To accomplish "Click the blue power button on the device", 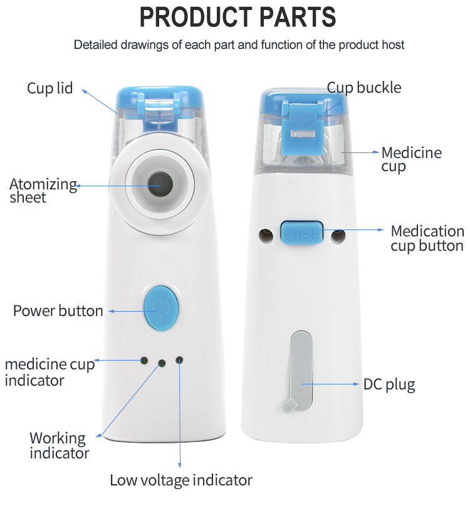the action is click(161, 308).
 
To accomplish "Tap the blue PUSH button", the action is click(301, 233).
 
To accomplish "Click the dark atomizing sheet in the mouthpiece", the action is click(160, 185).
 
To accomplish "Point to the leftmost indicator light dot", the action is click(144, 361).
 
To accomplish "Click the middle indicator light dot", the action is click(162, 363).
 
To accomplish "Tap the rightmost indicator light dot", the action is click(179, 360).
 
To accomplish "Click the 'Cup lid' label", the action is click(50, 88).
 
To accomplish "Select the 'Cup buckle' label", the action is click(363, 88).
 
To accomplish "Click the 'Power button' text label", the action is click(58, 310).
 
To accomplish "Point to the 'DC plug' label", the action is click(389, 385).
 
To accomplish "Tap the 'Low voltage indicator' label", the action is click(181, 480).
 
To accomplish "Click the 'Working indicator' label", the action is click(59, 446).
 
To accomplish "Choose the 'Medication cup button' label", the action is click(427, 238).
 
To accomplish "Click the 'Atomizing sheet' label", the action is click(43, 191).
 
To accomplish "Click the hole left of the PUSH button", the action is click(266, 235).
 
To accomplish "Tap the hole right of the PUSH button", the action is click(338, 235).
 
